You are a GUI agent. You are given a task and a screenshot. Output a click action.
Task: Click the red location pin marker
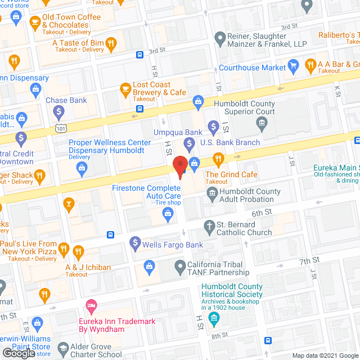[x=180, y=166]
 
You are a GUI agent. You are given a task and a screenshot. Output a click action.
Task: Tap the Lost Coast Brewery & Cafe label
[x=159, y=88]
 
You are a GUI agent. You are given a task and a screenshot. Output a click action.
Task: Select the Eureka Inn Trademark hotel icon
[x=91, y=306]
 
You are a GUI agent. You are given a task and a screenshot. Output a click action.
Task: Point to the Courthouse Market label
[x=260, y=68]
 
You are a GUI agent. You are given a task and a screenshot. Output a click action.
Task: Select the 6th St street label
[x=262, y=213]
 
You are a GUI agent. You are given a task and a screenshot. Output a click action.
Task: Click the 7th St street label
[x=309, y=260]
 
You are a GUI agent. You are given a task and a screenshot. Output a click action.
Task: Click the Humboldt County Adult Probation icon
[x=212, y=195]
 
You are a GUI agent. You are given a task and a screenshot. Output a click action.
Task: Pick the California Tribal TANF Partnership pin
[x=179, y=265]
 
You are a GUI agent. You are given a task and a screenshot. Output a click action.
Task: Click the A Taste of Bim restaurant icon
[x=111, y=43]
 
